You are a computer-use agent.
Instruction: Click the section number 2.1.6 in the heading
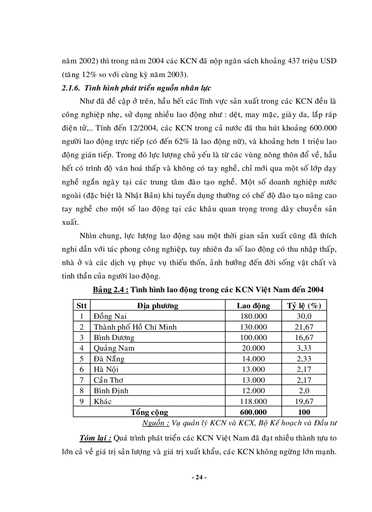72,88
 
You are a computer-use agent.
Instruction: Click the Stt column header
82,305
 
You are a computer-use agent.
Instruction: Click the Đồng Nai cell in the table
110,316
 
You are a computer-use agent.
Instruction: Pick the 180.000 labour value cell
253,316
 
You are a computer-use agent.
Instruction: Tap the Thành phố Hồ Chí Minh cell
135,327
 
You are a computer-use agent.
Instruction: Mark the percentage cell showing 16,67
304,338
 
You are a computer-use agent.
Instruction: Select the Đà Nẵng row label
109,359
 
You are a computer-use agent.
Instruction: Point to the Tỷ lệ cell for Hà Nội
304,370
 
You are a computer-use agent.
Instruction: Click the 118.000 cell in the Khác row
253,402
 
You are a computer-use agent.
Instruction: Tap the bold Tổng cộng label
150,412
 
